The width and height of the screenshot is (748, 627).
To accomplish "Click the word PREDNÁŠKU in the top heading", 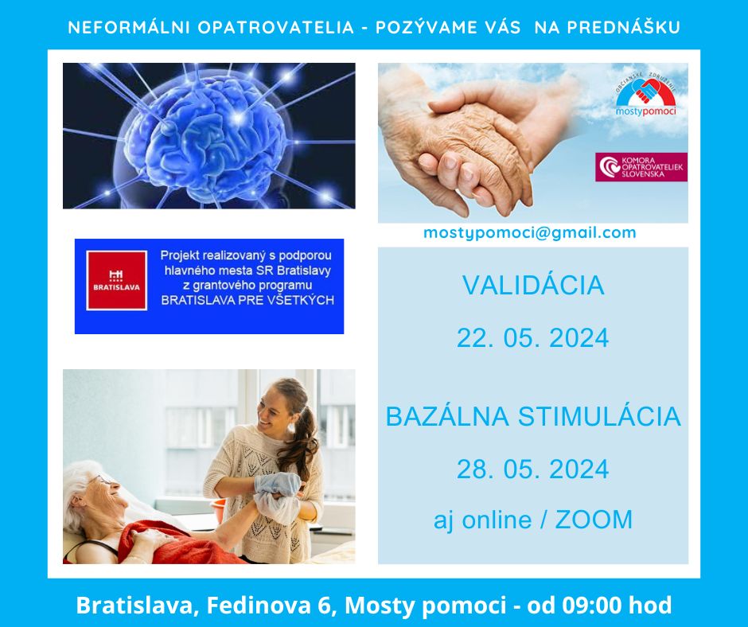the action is [623, 27].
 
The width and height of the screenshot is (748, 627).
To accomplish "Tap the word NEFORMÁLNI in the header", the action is [129, 27].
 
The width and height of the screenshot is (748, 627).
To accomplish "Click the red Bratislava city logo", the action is [116, 281].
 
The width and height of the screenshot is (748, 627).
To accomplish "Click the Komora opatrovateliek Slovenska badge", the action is [641, 167].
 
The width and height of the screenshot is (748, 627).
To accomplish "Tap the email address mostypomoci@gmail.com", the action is [529, 232].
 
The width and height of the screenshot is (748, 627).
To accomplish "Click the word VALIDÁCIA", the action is [533, 286].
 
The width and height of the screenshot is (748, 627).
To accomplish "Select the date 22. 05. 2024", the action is [533, 338].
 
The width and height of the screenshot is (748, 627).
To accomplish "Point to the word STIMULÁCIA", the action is [599, 416].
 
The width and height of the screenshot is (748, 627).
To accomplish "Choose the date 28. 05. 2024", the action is [533, 469].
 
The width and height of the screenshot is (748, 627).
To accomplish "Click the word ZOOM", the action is [594, 519].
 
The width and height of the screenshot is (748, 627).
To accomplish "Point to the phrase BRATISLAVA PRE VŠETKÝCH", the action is [247, 300].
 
